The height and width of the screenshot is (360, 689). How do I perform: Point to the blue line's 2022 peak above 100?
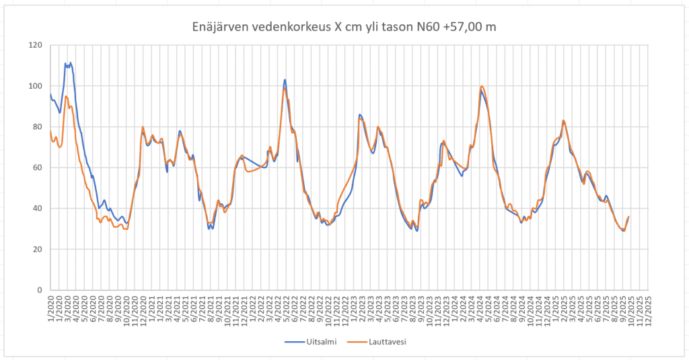click(x=285, y=79)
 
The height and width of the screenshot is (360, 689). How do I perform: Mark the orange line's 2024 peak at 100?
click(x=482, y=86)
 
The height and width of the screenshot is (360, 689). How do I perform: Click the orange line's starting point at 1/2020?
click(x=50, y=131)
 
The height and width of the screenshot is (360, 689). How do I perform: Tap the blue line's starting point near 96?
click(x=50, y=94)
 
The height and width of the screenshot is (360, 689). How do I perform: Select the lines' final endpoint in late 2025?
click(x=628, y=217)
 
